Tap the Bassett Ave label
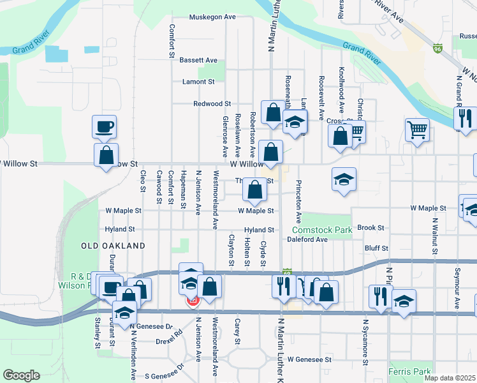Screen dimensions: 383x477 tap(198, 60)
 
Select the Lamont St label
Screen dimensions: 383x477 tap(198, 82)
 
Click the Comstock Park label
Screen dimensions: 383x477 tap(322, 230)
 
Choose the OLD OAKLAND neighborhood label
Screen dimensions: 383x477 tap(114, 246)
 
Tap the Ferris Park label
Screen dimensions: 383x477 tap(409, 371)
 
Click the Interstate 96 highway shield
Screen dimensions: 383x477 tap(437, 49)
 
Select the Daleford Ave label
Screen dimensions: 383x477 tap(307, 239)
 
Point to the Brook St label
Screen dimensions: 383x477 tap(371, 227)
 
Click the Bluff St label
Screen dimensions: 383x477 tap(376, 248)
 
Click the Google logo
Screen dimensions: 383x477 tap(21, 375)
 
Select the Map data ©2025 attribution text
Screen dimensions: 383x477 tap(450, 378)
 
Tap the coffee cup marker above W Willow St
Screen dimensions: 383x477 tap(104, 126)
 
